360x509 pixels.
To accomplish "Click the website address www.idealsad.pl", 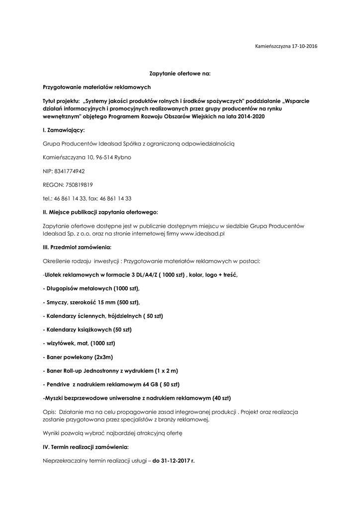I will tap(202, 233).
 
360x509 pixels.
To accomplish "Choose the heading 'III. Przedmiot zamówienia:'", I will tap(77, 247).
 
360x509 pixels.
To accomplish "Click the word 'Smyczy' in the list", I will tap(57, 302).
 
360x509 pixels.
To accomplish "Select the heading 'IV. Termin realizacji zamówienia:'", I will tap(86, 447).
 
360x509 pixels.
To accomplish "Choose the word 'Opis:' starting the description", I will tap(50, 412).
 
